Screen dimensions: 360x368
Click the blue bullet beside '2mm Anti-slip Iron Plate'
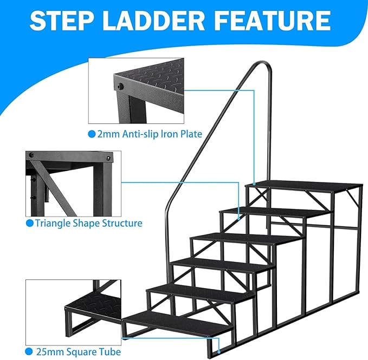pyautogui.click(x=92, y=134)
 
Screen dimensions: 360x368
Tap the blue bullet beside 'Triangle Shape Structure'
pyautogui.click(x=30, y=223)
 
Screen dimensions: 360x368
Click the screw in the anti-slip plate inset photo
pyautogui.click(x=119, y=86)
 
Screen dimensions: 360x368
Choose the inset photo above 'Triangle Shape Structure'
pyautogui.click(x=73, y=184)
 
